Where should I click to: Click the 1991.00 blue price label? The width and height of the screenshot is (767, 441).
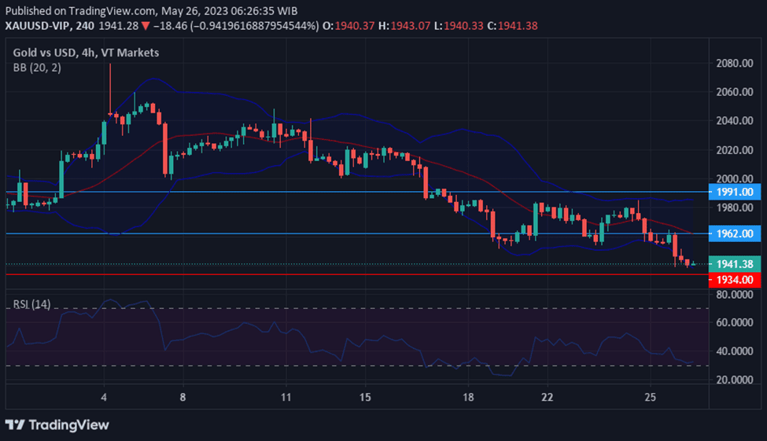pos(731,192)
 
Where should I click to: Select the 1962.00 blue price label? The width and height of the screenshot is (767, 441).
pos(731,233)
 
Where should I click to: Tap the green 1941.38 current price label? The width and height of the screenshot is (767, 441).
pos(731,264)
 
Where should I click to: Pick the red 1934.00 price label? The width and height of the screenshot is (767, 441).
pos(731,280)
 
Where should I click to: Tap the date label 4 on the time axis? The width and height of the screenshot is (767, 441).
pos(104,397)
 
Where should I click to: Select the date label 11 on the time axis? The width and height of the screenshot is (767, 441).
pos(286,397)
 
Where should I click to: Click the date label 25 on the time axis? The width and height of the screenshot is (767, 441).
pos(650,397)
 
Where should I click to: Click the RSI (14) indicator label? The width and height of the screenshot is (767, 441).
pos(32,304)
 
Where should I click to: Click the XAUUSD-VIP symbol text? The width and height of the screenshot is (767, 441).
pos(38,26)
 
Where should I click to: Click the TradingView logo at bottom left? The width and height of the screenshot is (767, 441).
pos(57,425)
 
